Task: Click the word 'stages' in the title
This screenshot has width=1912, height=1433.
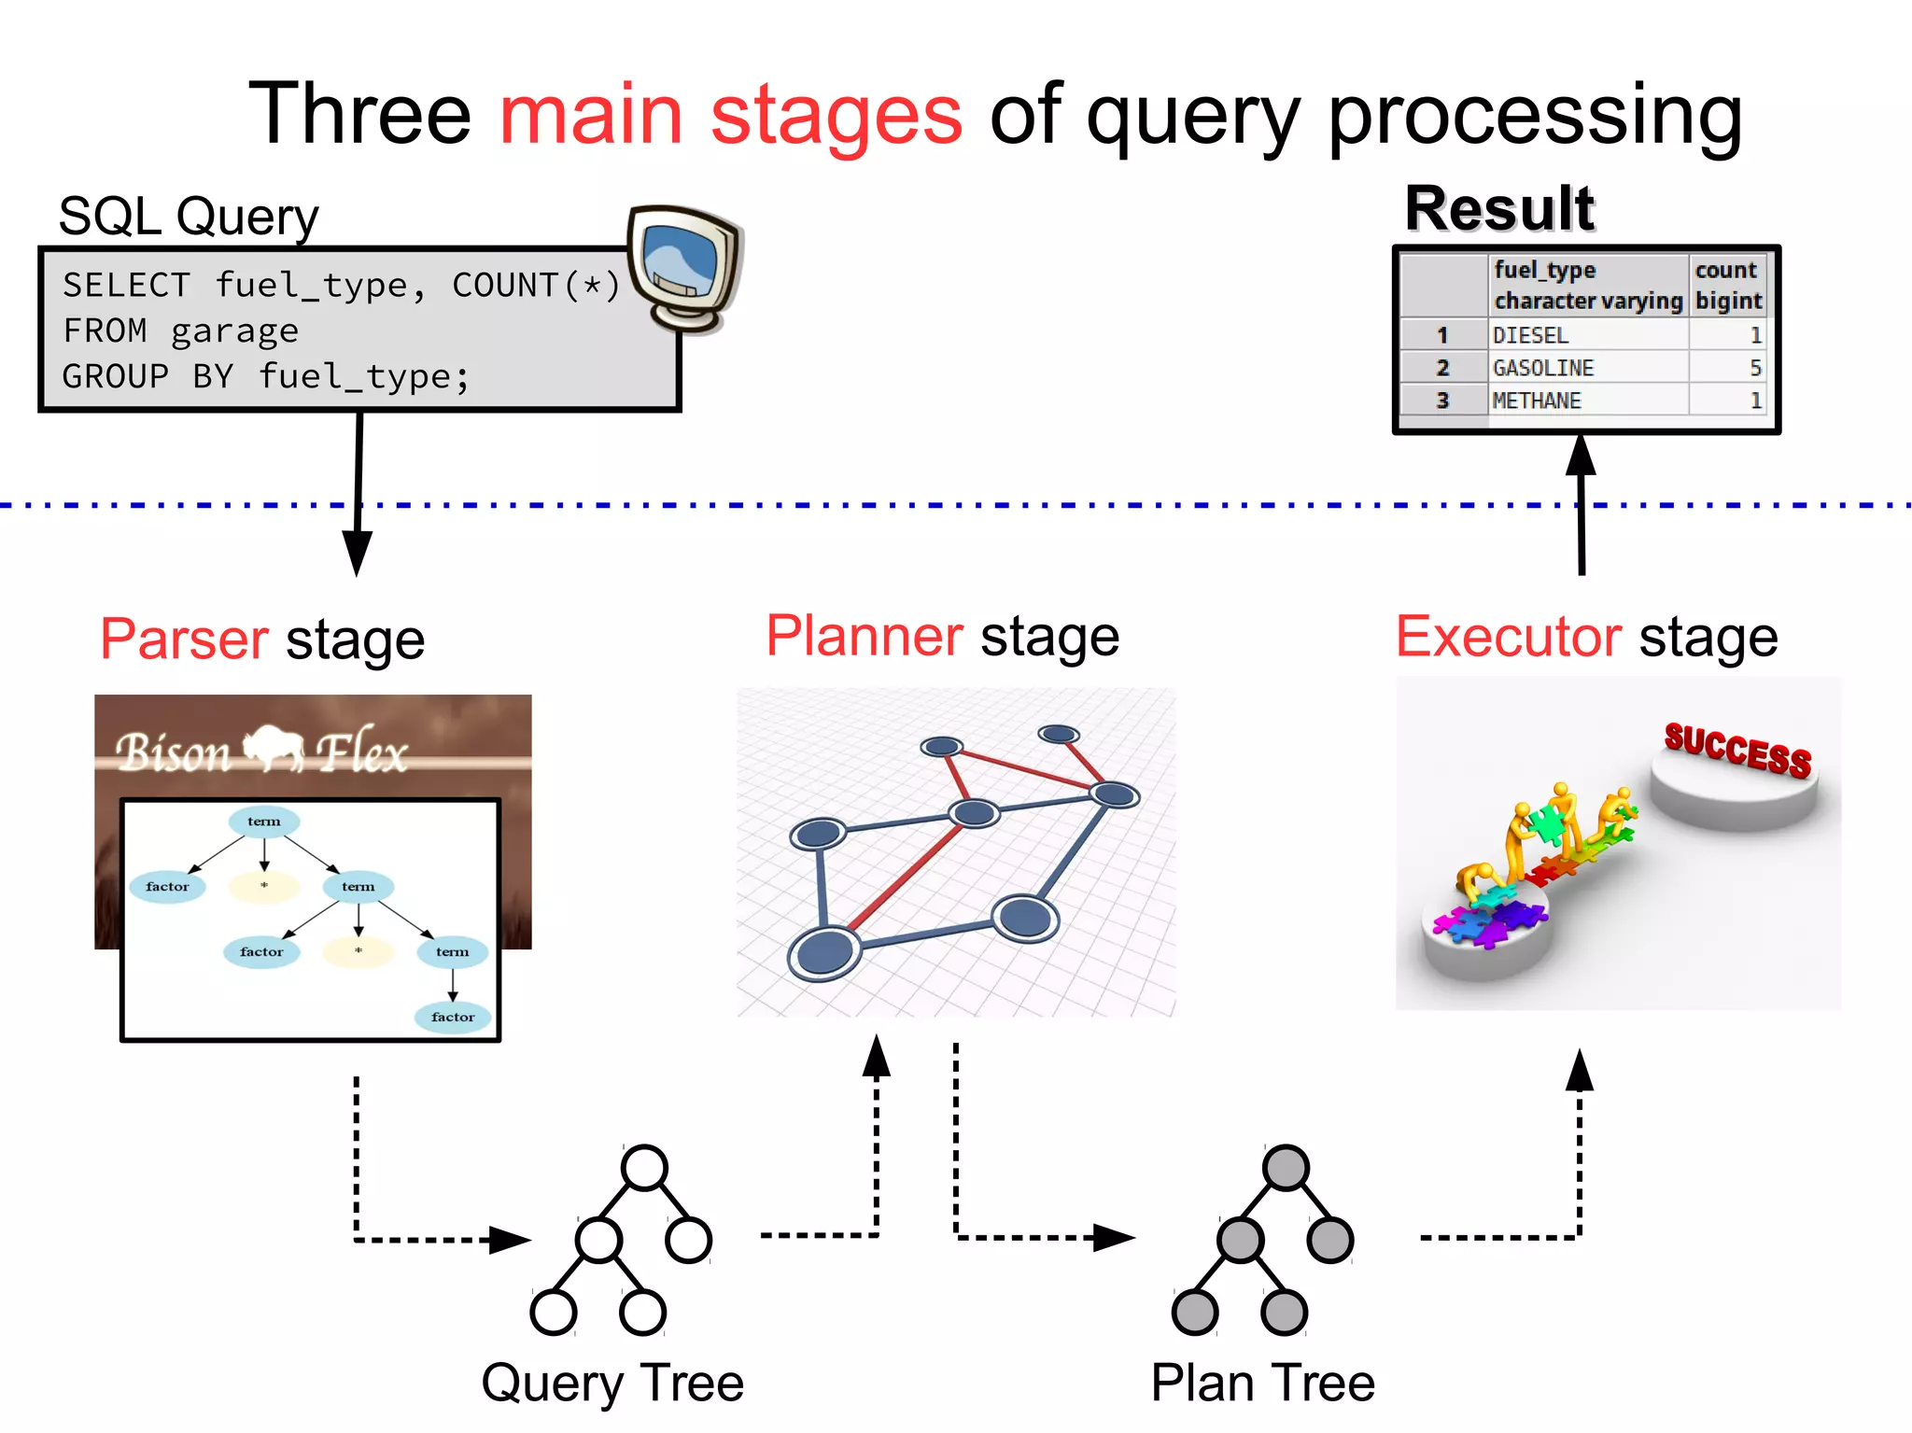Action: (x=836, y=117)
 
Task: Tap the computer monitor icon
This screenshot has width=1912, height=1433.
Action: (x=684, y=268)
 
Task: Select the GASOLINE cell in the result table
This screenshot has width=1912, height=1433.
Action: (x=1543, y=368)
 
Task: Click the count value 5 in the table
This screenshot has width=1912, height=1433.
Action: (x=1754, y=368)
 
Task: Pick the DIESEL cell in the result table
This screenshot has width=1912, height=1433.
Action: (x=1530, y=335)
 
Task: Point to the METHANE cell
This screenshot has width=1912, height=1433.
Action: (x=1537, y=400)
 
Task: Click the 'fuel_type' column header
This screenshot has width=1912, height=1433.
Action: (x=1545, y=271)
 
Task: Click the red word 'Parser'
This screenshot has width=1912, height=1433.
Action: (x=185, y=640)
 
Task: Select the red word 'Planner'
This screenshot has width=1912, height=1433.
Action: (x=864, y=637)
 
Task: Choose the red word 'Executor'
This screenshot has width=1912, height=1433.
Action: (x=1508, y=638)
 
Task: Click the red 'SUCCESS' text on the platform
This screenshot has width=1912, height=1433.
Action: (x=1737, y=750)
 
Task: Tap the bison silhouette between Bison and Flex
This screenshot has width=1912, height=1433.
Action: (x=273, y=748)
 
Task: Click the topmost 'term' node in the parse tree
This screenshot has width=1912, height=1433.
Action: (x=264, y=822)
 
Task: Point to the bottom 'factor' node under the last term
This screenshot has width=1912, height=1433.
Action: (x=453, y=1017)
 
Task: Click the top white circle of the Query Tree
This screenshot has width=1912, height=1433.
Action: (x=644, y=1168)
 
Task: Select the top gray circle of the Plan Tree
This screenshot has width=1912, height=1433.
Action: (x=1286, y=1168)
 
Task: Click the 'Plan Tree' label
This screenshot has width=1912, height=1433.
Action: (x=1262, y=1383)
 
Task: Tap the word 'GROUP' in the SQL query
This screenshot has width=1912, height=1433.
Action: (x=116, y=377)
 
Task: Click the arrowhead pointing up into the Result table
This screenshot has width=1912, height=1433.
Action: (x=1581, y=456)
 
